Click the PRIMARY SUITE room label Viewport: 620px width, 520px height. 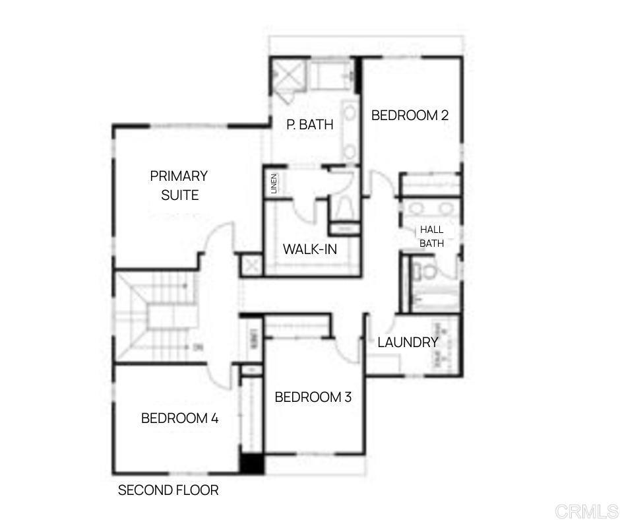(x=179, y=185)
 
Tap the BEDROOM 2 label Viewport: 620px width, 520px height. (x=410, y=115)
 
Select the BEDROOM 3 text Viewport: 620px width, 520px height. (x=313, y=397)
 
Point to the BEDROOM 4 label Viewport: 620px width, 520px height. (x=179, y=418)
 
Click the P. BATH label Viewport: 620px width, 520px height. (x=309, y=124)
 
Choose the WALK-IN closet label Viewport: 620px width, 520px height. (x=309, y=249)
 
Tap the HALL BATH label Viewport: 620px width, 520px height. (x=432, y=237)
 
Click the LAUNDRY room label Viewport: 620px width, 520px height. (x=408, y=342)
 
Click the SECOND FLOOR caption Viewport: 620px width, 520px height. (x=168, y=490)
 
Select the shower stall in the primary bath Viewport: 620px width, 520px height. (x=287, y=77)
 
